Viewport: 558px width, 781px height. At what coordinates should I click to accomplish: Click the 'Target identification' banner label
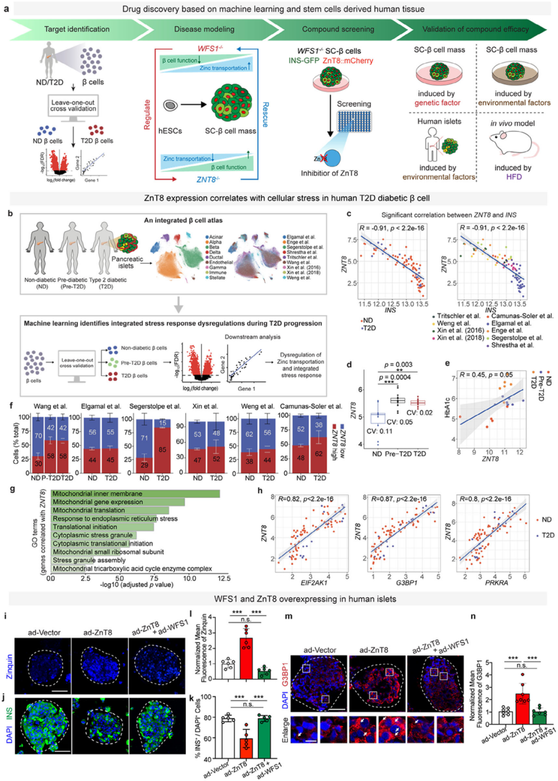pyautogui.click(x=76, y=29)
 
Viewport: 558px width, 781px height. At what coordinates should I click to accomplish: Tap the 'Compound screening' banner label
pyautogui.click(x=338, y=29)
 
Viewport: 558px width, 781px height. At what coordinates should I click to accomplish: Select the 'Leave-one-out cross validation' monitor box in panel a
pyautogui.click(x=73, y=105)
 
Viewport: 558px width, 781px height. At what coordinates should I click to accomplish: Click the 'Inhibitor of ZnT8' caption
pyautogui.click(x=329, y=173)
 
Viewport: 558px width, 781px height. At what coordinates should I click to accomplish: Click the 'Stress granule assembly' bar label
pyautogui.click(x=89, y=560)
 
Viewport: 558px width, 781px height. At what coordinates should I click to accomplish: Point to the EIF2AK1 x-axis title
pyautogui.click(x=314, y=583)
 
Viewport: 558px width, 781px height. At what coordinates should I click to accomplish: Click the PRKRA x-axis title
pyautogui.click(x=496, y=583)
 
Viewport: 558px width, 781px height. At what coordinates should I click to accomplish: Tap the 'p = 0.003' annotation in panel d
pyautogui.click(x=398, y=364)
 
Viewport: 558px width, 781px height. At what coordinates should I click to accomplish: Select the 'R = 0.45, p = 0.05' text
pyautogui.click(x=486, y=375)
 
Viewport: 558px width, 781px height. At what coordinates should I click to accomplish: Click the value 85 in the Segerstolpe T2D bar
pyautogui.click(x=162, y=450)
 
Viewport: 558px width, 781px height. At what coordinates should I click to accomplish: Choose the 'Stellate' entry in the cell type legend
pyautogui.click(x=217, y=278)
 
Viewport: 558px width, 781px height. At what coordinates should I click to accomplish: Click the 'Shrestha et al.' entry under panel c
pyautogui.click(x=512, y=345)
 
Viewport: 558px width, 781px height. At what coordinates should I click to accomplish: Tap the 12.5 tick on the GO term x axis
pyautogui.click(x=224, y=578)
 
